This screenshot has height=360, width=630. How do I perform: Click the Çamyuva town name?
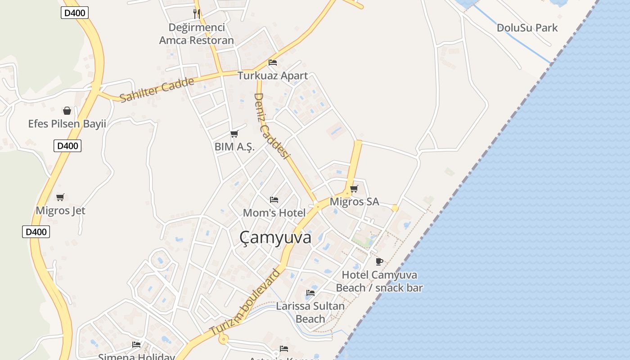275,238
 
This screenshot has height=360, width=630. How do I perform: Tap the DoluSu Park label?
527,28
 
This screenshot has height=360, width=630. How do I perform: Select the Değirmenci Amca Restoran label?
197,34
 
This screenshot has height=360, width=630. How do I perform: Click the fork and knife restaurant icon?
197,13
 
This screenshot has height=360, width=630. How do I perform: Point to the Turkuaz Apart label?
273,76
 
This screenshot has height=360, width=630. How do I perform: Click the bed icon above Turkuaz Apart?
273,63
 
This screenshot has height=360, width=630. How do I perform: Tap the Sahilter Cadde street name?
157,90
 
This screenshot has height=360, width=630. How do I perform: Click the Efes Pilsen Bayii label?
67,124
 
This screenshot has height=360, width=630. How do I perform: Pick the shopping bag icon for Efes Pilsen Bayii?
67,111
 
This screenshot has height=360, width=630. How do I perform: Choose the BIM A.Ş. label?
234,147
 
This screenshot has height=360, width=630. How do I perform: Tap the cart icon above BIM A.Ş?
234,134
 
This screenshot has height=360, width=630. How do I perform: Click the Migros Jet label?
60,211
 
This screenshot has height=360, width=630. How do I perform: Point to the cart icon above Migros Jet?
60,197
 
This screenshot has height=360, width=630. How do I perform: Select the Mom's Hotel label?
274,212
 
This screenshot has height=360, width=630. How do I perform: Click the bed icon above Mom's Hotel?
274,199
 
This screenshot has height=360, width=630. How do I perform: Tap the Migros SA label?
354,202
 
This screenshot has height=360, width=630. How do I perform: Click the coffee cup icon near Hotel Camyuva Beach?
379,261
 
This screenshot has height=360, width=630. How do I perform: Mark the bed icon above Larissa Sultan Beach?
310,293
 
